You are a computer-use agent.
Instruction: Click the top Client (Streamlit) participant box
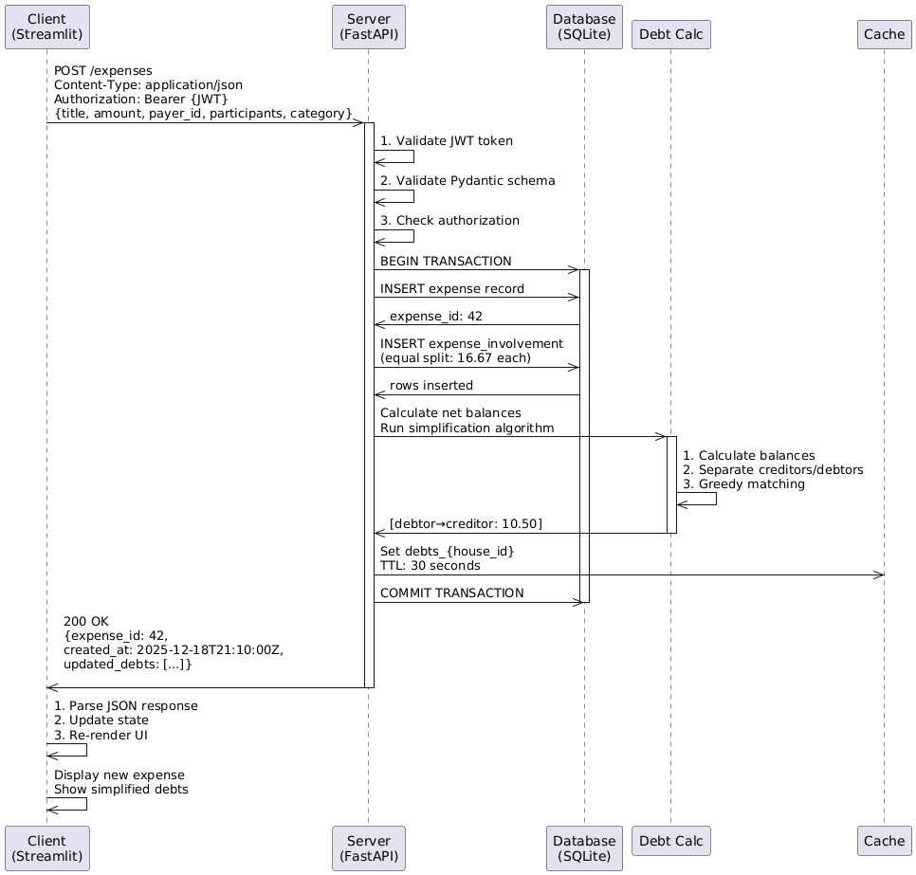46,27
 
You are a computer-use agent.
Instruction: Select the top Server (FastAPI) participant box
369,27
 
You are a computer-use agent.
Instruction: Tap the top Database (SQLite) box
584,27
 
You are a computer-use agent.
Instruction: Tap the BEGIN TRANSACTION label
446,261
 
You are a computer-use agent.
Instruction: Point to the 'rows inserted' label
431,386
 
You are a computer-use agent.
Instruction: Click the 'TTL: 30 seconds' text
430,566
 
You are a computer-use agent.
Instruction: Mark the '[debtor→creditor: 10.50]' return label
466,524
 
